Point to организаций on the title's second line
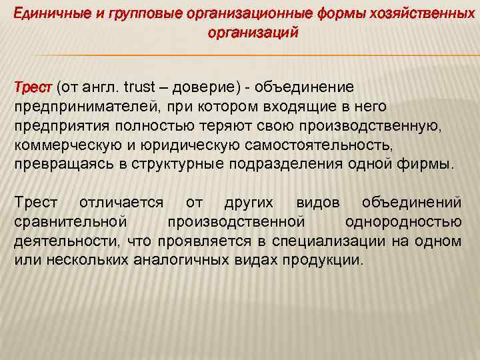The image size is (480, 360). (253, 32)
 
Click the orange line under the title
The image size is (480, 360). (240, 55)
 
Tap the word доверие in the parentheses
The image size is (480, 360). (207, 87)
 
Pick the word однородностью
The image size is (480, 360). (403, 221)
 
